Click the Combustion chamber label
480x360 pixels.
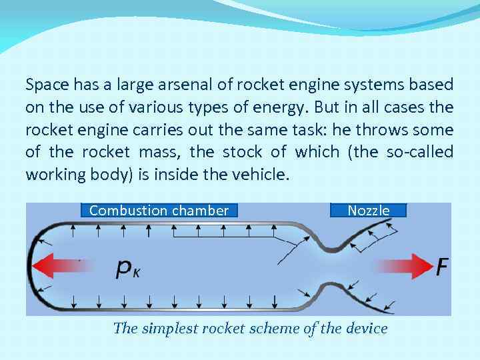tap(159, 211)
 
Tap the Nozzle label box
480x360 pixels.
tap(368, 211)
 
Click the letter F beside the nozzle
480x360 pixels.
tap(442, 267)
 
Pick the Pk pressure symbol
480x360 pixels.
tap(128, 268)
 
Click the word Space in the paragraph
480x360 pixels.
tap(45, 85)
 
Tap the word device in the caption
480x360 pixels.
tap(365, 328)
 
